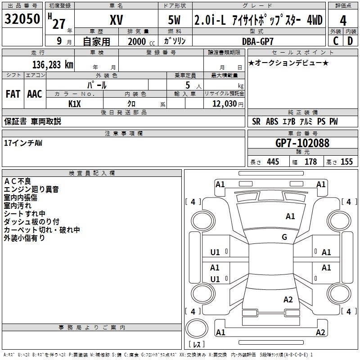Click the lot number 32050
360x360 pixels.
[22, 19]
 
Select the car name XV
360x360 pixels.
[117, 21]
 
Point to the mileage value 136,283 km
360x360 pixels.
[53, 64]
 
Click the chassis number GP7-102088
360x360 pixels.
[302, 143]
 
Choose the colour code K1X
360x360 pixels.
[74, 104]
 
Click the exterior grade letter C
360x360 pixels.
[335, 41]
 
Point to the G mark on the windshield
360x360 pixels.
[284, 237]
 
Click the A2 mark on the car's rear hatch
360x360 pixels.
[288, 300]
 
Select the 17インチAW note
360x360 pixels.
[23, 143]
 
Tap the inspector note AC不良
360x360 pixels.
[18, 181]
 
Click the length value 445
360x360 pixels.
[273, 162]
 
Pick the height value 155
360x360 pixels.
[346, 162]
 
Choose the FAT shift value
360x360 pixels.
[13, 94]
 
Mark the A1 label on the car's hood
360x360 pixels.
[290, 216]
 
